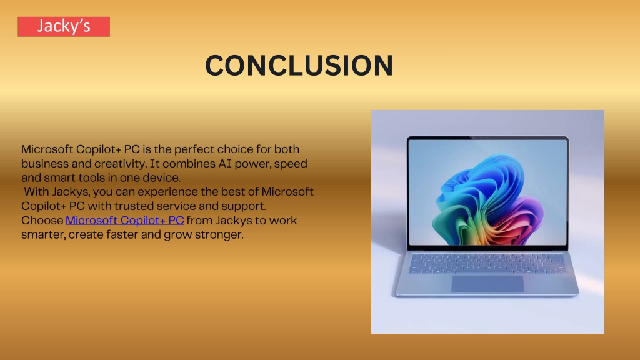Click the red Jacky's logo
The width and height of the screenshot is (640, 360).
click(64, 26)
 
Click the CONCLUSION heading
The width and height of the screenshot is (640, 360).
click(299, 65)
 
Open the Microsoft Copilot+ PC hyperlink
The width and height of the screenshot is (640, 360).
click(124, 221)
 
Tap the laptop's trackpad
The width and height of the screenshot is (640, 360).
click(487, 284)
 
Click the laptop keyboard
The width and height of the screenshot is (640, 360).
click(487, 263)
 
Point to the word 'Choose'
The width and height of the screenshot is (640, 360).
click(42, 221)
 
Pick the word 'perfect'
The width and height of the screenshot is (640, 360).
click(194, 149)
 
